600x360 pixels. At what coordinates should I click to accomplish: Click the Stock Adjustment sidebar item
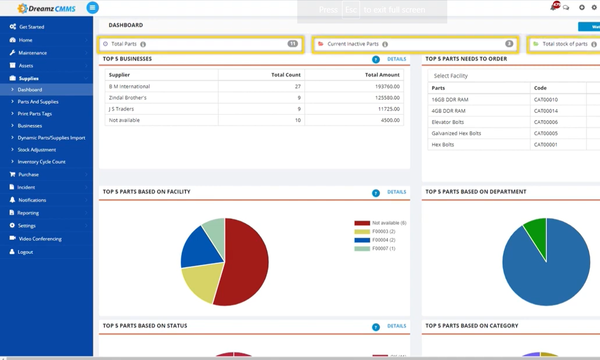(x=37, y=149)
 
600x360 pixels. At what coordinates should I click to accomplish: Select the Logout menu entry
(x=26, y=252)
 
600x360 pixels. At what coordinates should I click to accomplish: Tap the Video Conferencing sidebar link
(x=40, y=239)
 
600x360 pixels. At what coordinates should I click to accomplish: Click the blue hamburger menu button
(x=93, y=8)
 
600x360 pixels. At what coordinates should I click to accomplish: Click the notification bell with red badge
(x=554, y=7)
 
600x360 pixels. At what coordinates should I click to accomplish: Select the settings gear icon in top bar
(x=594, y=8)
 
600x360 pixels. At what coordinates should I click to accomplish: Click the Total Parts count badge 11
(x=293, y=44)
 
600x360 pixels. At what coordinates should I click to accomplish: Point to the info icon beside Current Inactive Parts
(x=385, y=44)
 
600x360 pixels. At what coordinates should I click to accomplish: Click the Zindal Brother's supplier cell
(x=128, y=98)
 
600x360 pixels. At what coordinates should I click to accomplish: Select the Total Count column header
(x=286, y=75)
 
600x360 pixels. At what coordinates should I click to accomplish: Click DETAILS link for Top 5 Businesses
(x=397, y=59)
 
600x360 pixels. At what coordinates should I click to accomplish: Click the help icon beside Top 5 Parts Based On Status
(x=376, y=327)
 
